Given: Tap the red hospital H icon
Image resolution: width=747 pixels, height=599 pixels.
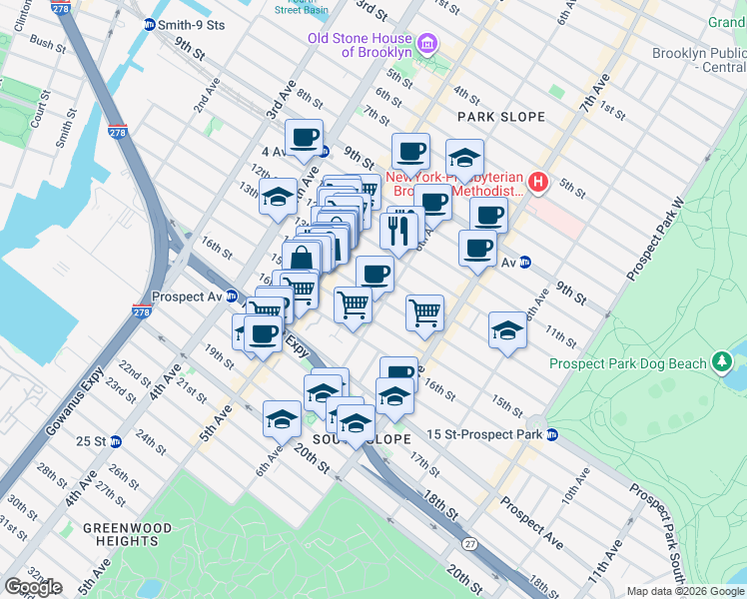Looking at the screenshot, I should click(538, 182).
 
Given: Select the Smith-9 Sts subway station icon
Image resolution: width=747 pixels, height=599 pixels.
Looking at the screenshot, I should click(150, 24).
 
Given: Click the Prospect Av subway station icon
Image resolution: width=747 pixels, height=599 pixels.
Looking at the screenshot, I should click(231, 297).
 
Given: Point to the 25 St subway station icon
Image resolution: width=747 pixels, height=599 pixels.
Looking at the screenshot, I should click(115, 441).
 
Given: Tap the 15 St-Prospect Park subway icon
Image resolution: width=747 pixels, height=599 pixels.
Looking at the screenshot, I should click(551, 434).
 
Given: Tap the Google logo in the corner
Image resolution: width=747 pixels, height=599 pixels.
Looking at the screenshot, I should click(33, 586).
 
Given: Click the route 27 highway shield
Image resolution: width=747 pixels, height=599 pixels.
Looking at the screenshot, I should click(468, 544).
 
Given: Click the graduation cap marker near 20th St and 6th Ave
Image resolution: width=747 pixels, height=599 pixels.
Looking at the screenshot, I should click(282, 419).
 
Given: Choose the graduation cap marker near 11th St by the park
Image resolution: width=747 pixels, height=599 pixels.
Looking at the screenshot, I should click(507, 331).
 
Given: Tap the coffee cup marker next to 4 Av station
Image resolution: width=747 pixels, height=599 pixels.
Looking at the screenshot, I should click(304, 138).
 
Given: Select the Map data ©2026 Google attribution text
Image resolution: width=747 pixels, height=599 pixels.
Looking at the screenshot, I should click(684, 591).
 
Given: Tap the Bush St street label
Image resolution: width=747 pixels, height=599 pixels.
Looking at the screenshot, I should click(47, 43).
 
